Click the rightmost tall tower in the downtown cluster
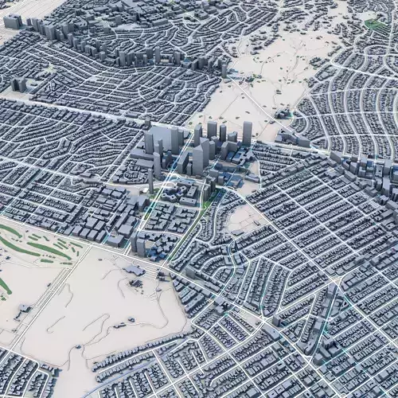[x=247, y=132]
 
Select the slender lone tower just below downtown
[x=150, y=181]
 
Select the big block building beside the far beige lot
[x=14, y=21]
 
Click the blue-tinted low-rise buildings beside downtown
[x=235, y=163]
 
